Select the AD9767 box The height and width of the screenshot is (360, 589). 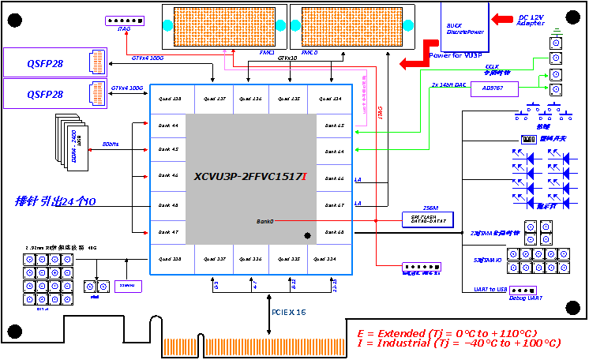[x=490, y=88]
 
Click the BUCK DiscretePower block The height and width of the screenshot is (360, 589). [x=466, y=26]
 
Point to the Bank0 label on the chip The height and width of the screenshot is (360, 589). [x=264, y=221]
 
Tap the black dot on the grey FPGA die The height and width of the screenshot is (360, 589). [x=307, y=235]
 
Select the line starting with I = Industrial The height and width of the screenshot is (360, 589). [x=459, y=343]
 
